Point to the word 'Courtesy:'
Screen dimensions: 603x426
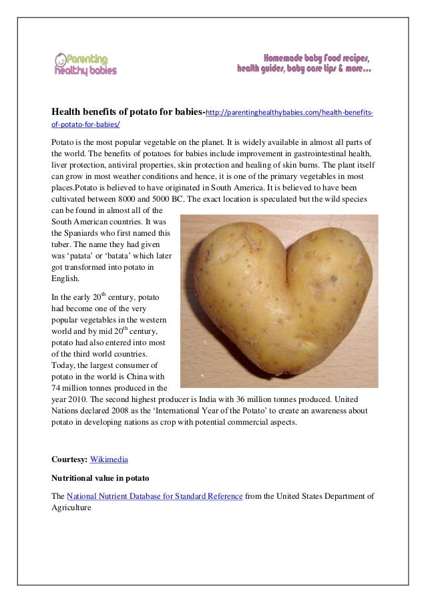click(69, 459)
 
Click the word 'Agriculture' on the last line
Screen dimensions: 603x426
click(72, 508)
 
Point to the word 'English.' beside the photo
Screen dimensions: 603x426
click(65, 279)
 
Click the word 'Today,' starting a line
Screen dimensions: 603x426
click(65, 365)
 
